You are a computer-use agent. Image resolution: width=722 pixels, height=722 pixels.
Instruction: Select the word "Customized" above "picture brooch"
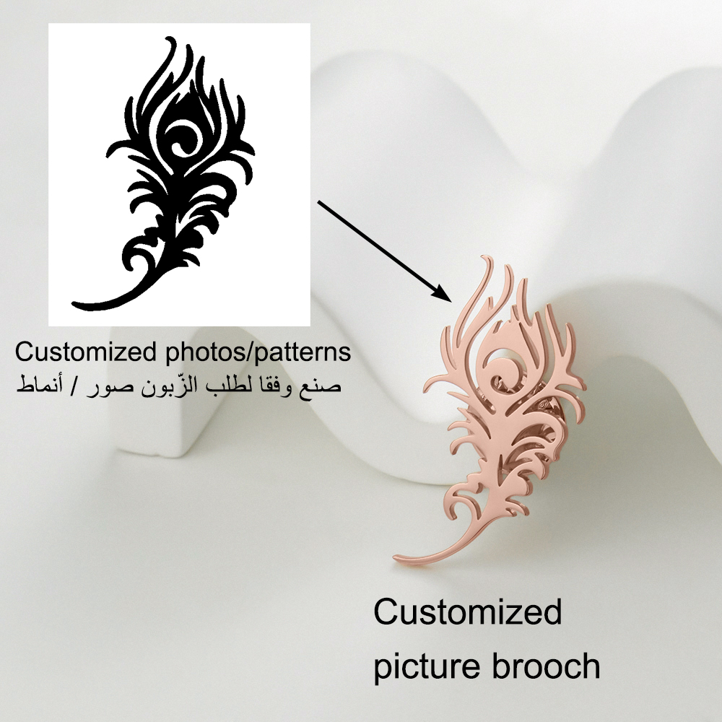tap(467, 612)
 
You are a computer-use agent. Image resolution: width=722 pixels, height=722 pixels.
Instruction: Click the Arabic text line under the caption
tap(178, 386)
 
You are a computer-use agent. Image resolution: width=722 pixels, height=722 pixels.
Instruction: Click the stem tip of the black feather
tap(74, 305)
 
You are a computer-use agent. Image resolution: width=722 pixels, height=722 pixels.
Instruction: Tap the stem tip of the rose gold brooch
tap(396, 559)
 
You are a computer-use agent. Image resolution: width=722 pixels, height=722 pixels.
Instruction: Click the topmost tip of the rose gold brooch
tap(484, 256)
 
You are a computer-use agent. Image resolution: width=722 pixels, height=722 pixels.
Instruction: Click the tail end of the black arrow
tap(318, 201)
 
